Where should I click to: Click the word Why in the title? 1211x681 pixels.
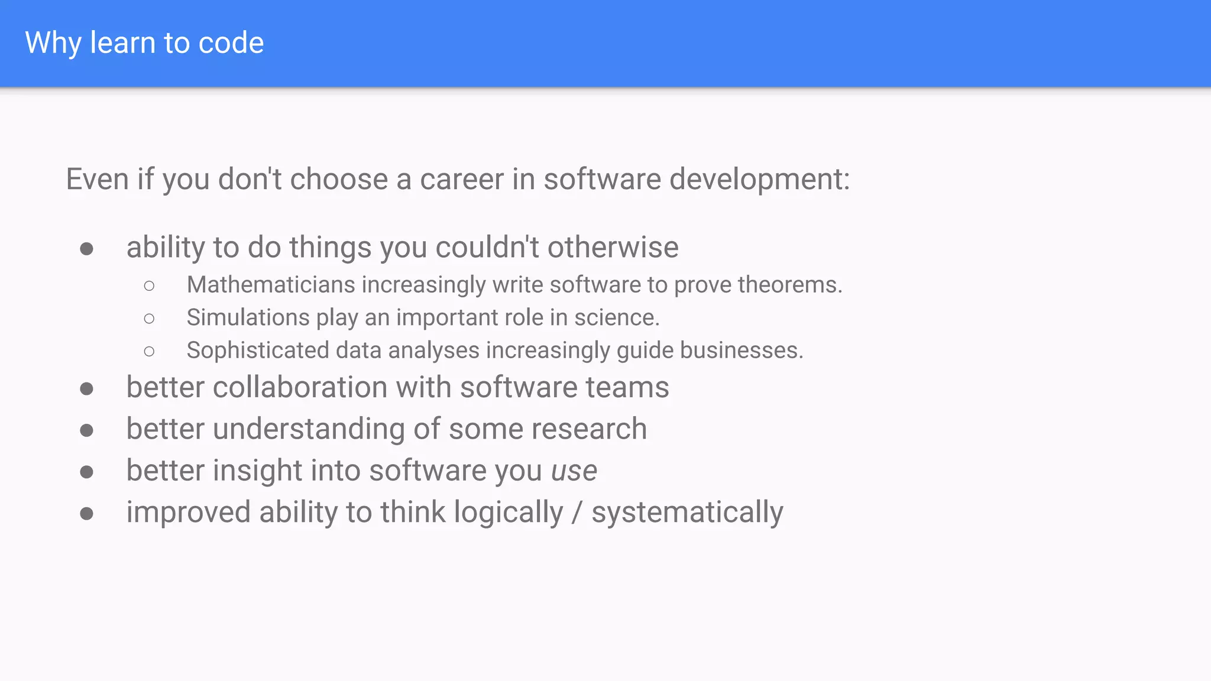53,43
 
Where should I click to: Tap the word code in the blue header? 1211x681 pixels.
231,43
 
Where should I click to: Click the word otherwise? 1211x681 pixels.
613,247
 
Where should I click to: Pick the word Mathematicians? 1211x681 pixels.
271,285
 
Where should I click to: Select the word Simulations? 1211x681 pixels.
248,317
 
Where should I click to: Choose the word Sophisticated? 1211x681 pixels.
258,351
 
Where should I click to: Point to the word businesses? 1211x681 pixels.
742,351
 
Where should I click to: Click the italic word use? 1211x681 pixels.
574,471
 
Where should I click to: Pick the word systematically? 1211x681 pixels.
687,513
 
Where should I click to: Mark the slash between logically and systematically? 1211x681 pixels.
577,513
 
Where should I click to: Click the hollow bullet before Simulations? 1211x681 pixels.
149,319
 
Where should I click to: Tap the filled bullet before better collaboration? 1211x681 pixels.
87,389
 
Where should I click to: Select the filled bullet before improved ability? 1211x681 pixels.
87,514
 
